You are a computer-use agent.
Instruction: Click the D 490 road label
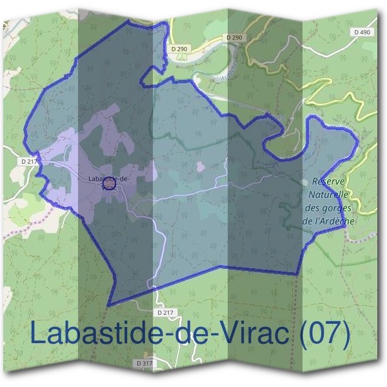coord(362,32)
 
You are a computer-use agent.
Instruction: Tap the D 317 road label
coord(145,364)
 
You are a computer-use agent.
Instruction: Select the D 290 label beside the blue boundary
coord(180,49)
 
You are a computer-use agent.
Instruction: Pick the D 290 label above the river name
coord(235,38)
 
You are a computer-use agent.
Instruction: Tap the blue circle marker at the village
coord(109,186)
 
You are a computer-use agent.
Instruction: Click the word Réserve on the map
coord(329,181)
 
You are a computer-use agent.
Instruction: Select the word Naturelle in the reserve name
coord(328,194)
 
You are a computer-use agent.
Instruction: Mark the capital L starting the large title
coord(38,334)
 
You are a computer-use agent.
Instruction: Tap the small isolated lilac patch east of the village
coord(201,167)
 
